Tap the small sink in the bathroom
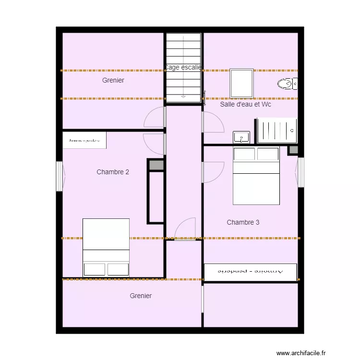coord(241,137)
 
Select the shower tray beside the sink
coord(276,131)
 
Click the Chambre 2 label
coord(113,172)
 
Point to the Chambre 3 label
coord(243,222)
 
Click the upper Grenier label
coord(113,80)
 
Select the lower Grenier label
coord(141,296)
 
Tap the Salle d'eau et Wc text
coord(245,104)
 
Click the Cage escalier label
coord(184,68)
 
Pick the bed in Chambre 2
coord(106,248)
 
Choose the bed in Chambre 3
coord(256,176)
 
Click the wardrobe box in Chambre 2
coord(84,140)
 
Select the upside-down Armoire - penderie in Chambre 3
coord(251,272)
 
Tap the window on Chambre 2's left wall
coord(60,176)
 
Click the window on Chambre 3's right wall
coord(301,172)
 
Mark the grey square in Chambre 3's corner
coord(292,150)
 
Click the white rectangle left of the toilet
coord(241,84)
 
